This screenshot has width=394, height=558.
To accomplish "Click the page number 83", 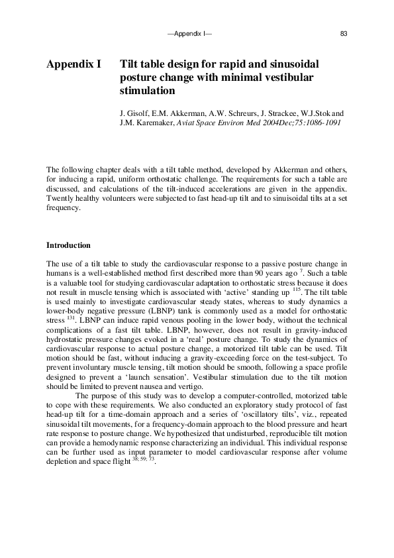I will pyautogui.click(x=343, y=33).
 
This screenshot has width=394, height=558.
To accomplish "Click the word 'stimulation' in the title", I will pyautogui.click(x=148, y=91).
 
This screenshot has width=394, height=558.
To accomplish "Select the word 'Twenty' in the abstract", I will pyautogui.click(x=58, y=198).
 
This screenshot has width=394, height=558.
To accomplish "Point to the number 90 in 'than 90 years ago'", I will pyautogui.click(x=275, y=274).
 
